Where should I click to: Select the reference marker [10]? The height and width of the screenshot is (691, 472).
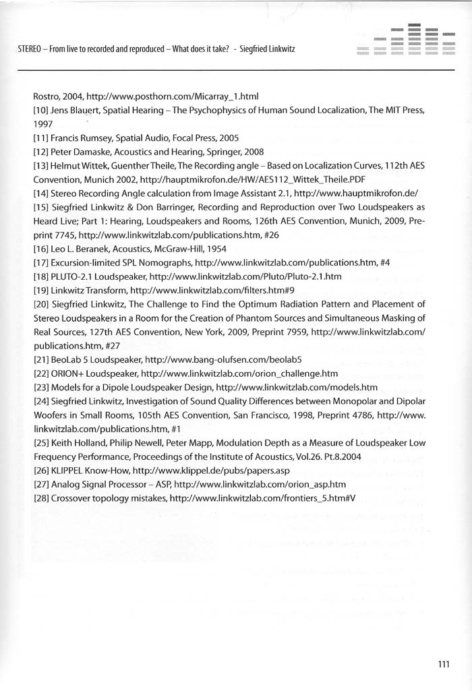42,109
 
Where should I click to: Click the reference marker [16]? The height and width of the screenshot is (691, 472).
42,248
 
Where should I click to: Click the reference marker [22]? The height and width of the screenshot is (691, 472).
42,373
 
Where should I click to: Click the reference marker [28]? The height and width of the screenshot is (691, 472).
42,498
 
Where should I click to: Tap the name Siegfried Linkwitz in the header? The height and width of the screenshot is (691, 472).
268,50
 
